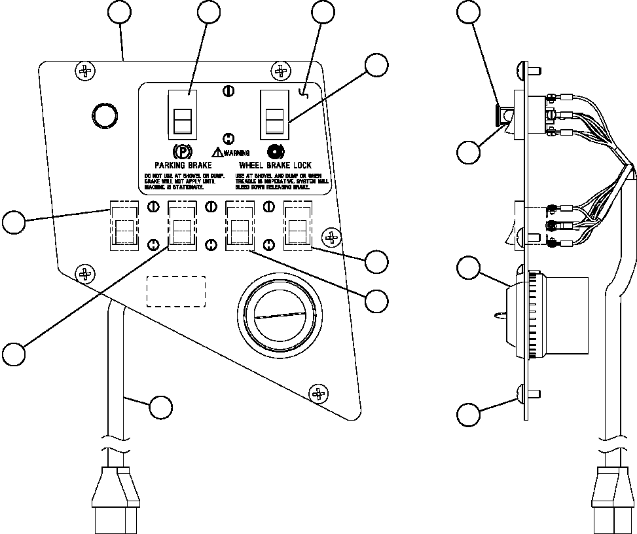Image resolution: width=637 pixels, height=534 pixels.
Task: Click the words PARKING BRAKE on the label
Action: click(x=183, y=166)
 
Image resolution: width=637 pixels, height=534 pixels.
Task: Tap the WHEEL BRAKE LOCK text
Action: click(x=275, y=166)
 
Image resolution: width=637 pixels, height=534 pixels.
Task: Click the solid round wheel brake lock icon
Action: click(x=275, y=150)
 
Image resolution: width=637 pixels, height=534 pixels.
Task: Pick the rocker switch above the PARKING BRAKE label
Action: click(x=183, y=117)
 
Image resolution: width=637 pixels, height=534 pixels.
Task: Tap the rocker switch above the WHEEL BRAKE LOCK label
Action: click(x=274, y=117)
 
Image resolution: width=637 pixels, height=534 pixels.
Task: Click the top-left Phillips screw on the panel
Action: click(x=84, y=69)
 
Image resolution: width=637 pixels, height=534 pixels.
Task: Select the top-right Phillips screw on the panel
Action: click(x=280, y=70)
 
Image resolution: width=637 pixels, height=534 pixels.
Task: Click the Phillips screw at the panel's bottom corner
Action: click(x=318, y=393)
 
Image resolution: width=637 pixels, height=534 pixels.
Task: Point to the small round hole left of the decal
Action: click(x=105, y=115)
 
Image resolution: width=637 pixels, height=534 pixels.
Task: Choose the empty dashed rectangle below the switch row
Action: click(x=175, y=291)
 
